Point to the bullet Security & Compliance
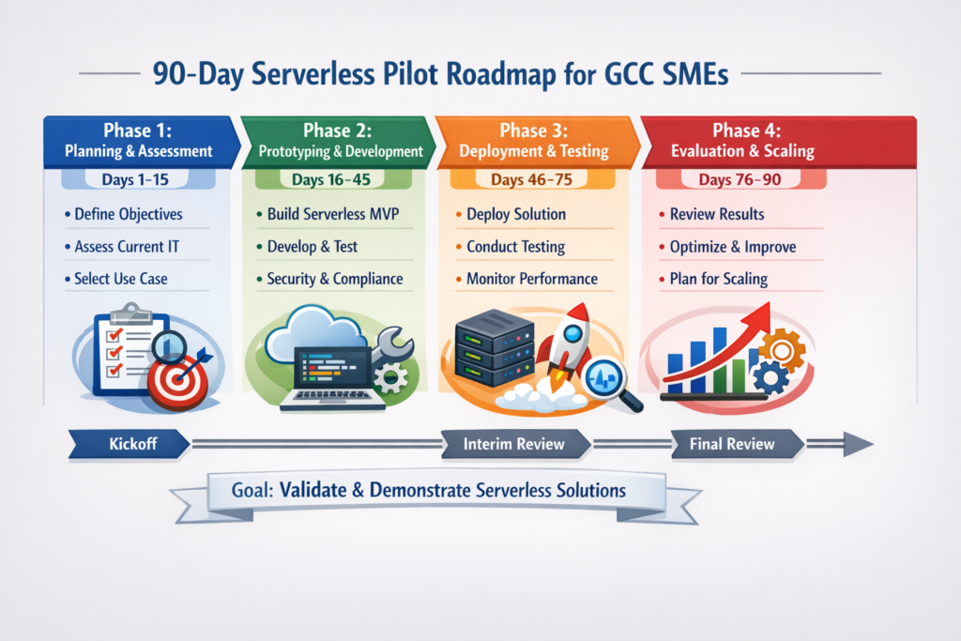coord(334,279)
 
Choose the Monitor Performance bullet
coord(531,279)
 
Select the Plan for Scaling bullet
coord(718,279)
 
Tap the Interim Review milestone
coord(513,444)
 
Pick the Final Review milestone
coord(732,444)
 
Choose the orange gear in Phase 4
coord(780,349)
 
